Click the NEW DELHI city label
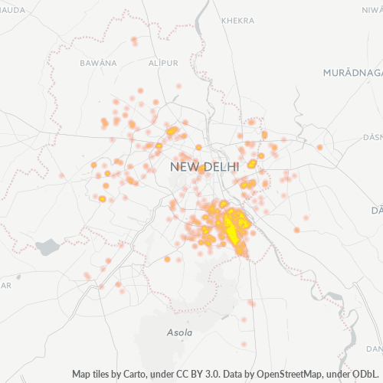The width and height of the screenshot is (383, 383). tap(205, 166)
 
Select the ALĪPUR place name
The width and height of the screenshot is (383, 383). tap(164, 62)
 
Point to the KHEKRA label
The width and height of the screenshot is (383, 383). tap(237, 21)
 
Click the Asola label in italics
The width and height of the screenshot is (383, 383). tap(179, 333)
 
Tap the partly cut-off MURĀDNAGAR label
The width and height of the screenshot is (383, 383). tap(352, 70)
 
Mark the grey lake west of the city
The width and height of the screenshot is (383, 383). tap(47, 247)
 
